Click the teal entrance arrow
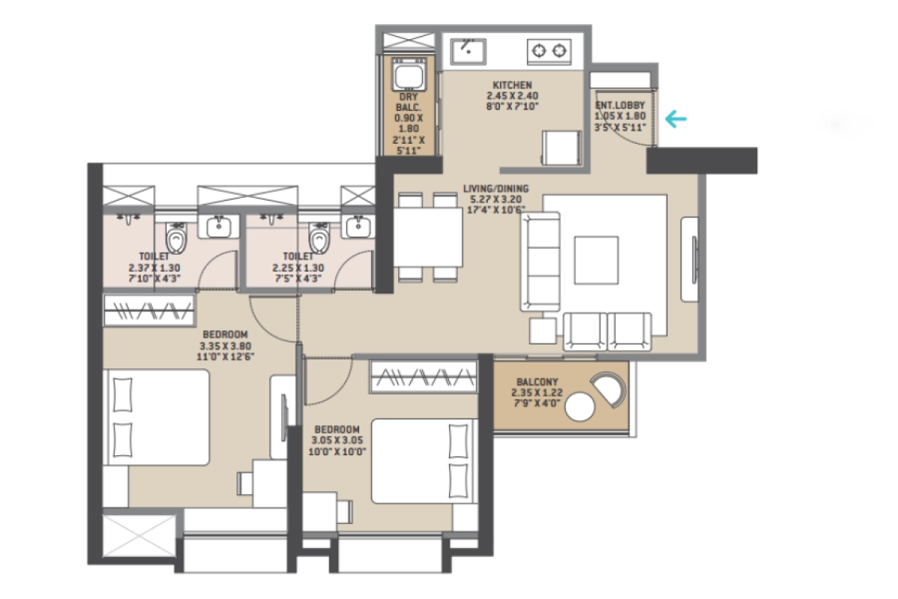[x=676, y=118]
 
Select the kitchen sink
[x=467, y=51]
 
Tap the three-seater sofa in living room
[x=541, y=261]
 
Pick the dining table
[x=427, y=237]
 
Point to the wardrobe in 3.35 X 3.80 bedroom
[x=149, y=310]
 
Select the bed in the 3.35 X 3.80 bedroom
[x=157, y=416]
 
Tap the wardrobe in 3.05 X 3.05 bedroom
[x=424, y=377]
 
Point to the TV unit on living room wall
[x=690, y=259]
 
